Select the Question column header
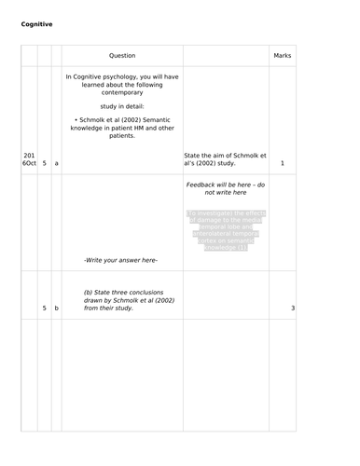[121, 57]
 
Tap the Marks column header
[282, 57]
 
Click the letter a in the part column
[56, 164]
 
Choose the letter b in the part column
[56, 308]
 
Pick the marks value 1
[282, 164]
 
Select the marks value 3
[292, 308]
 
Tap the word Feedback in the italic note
[205, 185]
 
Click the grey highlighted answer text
[226, 231]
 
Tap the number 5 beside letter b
[44, 308]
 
